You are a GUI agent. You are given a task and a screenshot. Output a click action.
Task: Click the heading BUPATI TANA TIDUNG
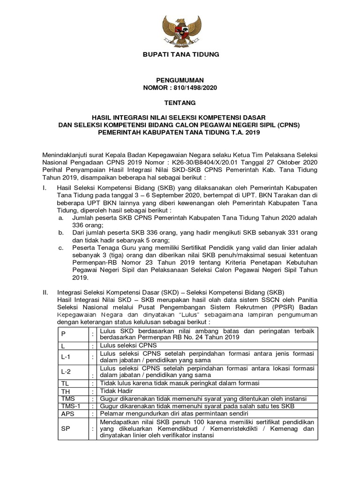tap(180, 55)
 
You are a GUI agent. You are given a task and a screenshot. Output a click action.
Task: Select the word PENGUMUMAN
tap(180, 81)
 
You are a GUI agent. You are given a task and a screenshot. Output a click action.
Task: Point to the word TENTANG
tap(180, 102)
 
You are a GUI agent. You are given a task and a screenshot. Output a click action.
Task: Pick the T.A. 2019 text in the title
tap(244, 133)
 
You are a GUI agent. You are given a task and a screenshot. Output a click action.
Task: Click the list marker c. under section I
tap(61, 247)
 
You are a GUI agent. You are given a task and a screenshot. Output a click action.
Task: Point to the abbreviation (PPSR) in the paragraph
tap(277, 307)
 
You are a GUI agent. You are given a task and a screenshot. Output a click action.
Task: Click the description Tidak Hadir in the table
tap(118, 390)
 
